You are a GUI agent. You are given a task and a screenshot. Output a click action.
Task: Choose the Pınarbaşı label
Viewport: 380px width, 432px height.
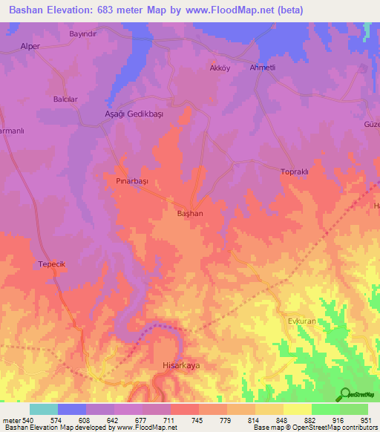(133, 180)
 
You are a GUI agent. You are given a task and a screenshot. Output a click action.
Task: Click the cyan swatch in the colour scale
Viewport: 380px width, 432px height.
(43, 409)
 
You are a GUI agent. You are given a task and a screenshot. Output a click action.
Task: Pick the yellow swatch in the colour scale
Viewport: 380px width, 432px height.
(297, 409)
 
